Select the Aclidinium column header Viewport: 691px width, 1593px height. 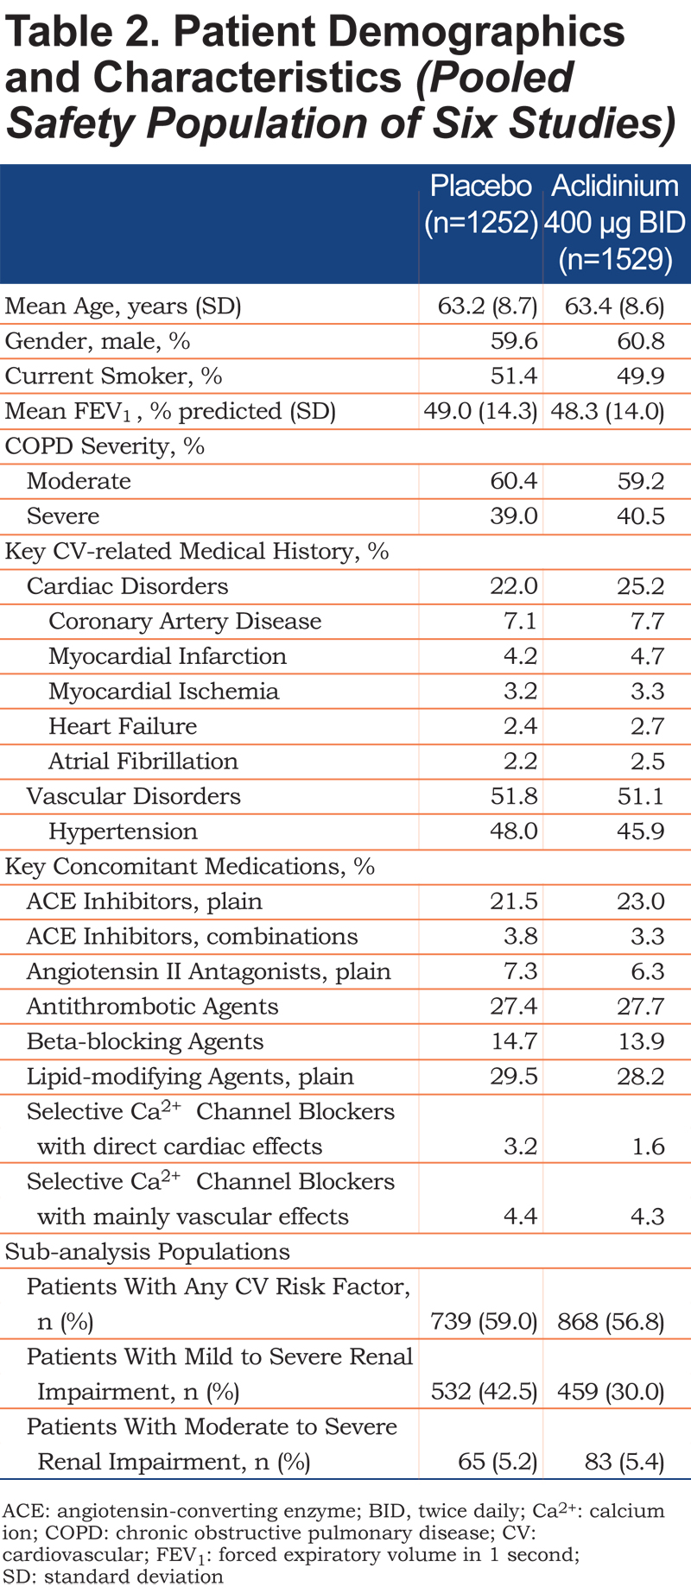click(616, 222)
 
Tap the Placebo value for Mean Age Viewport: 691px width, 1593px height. click(487, 307)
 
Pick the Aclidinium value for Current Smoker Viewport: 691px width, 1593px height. click(640, 376)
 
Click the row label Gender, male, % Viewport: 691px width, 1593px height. click(98, 342)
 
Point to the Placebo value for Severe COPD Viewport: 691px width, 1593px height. click(514, 516)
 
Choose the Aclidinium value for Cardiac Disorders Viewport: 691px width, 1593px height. click(640, 586)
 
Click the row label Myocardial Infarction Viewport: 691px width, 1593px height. click(168, 656)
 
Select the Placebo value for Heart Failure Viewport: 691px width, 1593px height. click(520, 726)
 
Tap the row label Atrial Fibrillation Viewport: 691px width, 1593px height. click(143, 762)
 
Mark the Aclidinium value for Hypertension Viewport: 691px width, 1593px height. click(640, 831)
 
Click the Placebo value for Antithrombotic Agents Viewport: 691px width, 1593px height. click(514, 1007)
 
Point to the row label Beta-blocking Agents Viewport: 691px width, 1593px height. click(145, 1042)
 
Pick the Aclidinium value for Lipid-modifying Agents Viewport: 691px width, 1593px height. click(640, 1077)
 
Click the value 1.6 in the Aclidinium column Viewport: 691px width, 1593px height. click(648, 1147)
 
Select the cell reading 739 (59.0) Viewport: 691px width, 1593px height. click(484, 1322)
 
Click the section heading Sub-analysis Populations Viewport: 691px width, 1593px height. click(148, 1252)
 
